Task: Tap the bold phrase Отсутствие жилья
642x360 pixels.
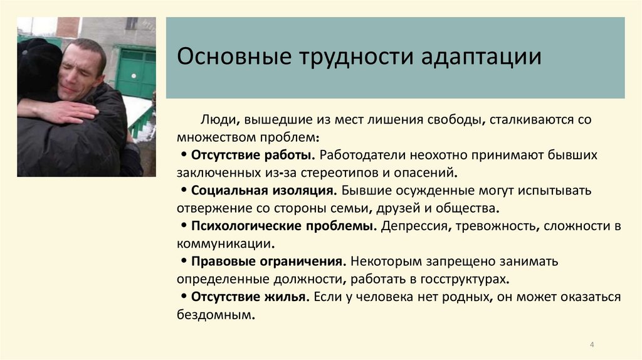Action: click(249, 297)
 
